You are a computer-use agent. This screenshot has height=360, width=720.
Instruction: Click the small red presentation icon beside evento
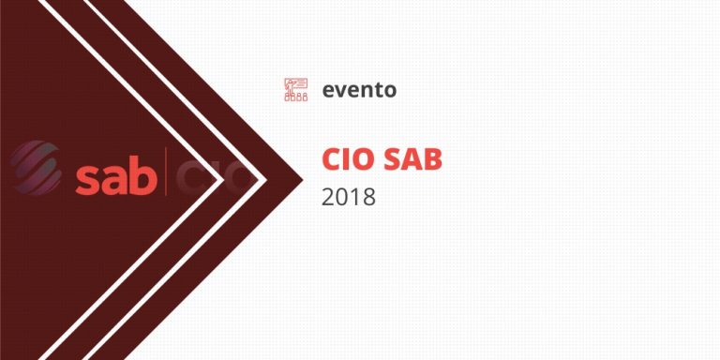pyautogui.click(x=295, y=90)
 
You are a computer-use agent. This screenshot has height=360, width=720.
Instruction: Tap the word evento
pyautogui.click(x=359, y=90)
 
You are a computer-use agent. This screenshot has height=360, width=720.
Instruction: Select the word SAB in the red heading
pyautogui.click(x=413, y=159)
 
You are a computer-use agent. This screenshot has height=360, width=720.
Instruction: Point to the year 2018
pyautogui.click(x=348, y=198)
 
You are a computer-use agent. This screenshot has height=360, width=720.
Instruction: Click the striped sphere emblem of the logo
pyautogui.click(x=35, y=168)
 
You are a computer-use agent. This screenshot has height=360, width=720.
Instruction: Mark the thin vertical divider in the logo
pyautogui.click(x=167, y=172)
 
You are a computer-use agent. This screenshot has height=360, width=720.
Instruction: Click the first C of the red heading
pyautogui.click(x=331, y=159)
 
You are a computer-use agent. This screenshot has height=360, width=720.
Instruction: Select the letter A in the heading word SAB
pyautogui.click(x=412, y=159)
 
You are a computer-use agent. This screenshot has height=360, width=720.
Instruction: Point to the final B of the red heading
pyautogui.click(x=432, y=159)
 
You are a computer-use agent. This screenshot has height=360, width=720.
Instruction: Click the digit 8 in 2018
pyautogui.click(x=368, y=198)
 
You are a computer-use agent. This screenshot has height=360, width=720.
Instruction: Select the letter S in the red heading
pyautogui.click(x=393, y=159)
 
